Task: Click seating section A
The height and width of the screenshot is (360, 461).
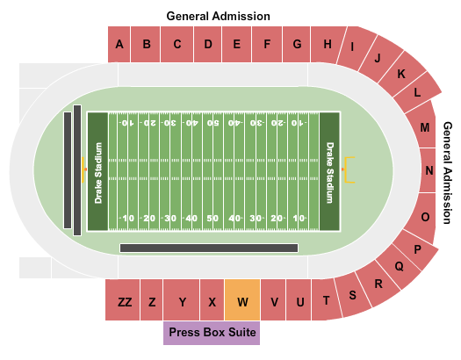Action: coord(119,44)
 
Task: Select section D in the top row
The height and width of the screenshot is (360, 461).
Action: coord(207,44)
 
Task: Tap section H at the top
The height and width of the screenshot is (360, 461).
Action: coord(327,44)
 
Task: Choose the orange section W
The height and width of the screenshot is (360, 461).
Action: coord(242,301)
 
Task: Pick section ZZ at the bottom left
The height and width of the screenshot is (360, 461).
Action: coord(125,301)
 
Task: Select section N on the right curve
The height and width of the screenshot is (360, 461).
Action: coord(429,171)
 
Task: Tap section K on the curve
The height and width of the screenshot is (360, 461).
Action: coord(401,75)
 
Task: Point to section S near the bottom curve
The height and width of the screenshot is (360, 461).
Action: coord(353,295)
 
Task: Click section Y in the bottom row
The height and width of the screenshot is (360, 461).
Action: coord(183,301)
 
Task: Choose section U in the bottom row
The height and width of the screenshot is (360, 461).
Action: coord(299,301)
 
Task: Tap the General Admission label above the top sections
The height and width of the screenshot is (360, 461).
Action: coord(219,16)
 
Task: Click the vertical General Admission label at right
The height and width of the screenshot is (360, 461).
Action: coord(449,171)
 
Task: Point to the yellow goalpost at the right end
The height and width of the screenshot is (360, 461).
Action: coord(351,169)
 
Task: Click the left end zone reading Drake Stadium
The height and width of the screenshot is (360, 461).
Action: coord(98,171)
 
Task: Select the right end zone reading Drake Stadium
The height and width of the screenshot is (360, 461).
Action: coord(330,171)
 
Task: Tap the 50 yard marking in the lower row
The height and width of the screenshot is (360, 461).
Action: coord(213,218)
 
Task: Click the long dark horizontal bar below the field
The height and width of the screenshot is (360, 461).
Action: coord(207,248)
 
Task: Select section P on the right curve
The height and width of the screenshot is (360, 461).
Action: coord(418,249)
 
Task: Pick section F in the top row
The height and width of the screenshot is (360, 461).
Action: coord(267,44)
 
